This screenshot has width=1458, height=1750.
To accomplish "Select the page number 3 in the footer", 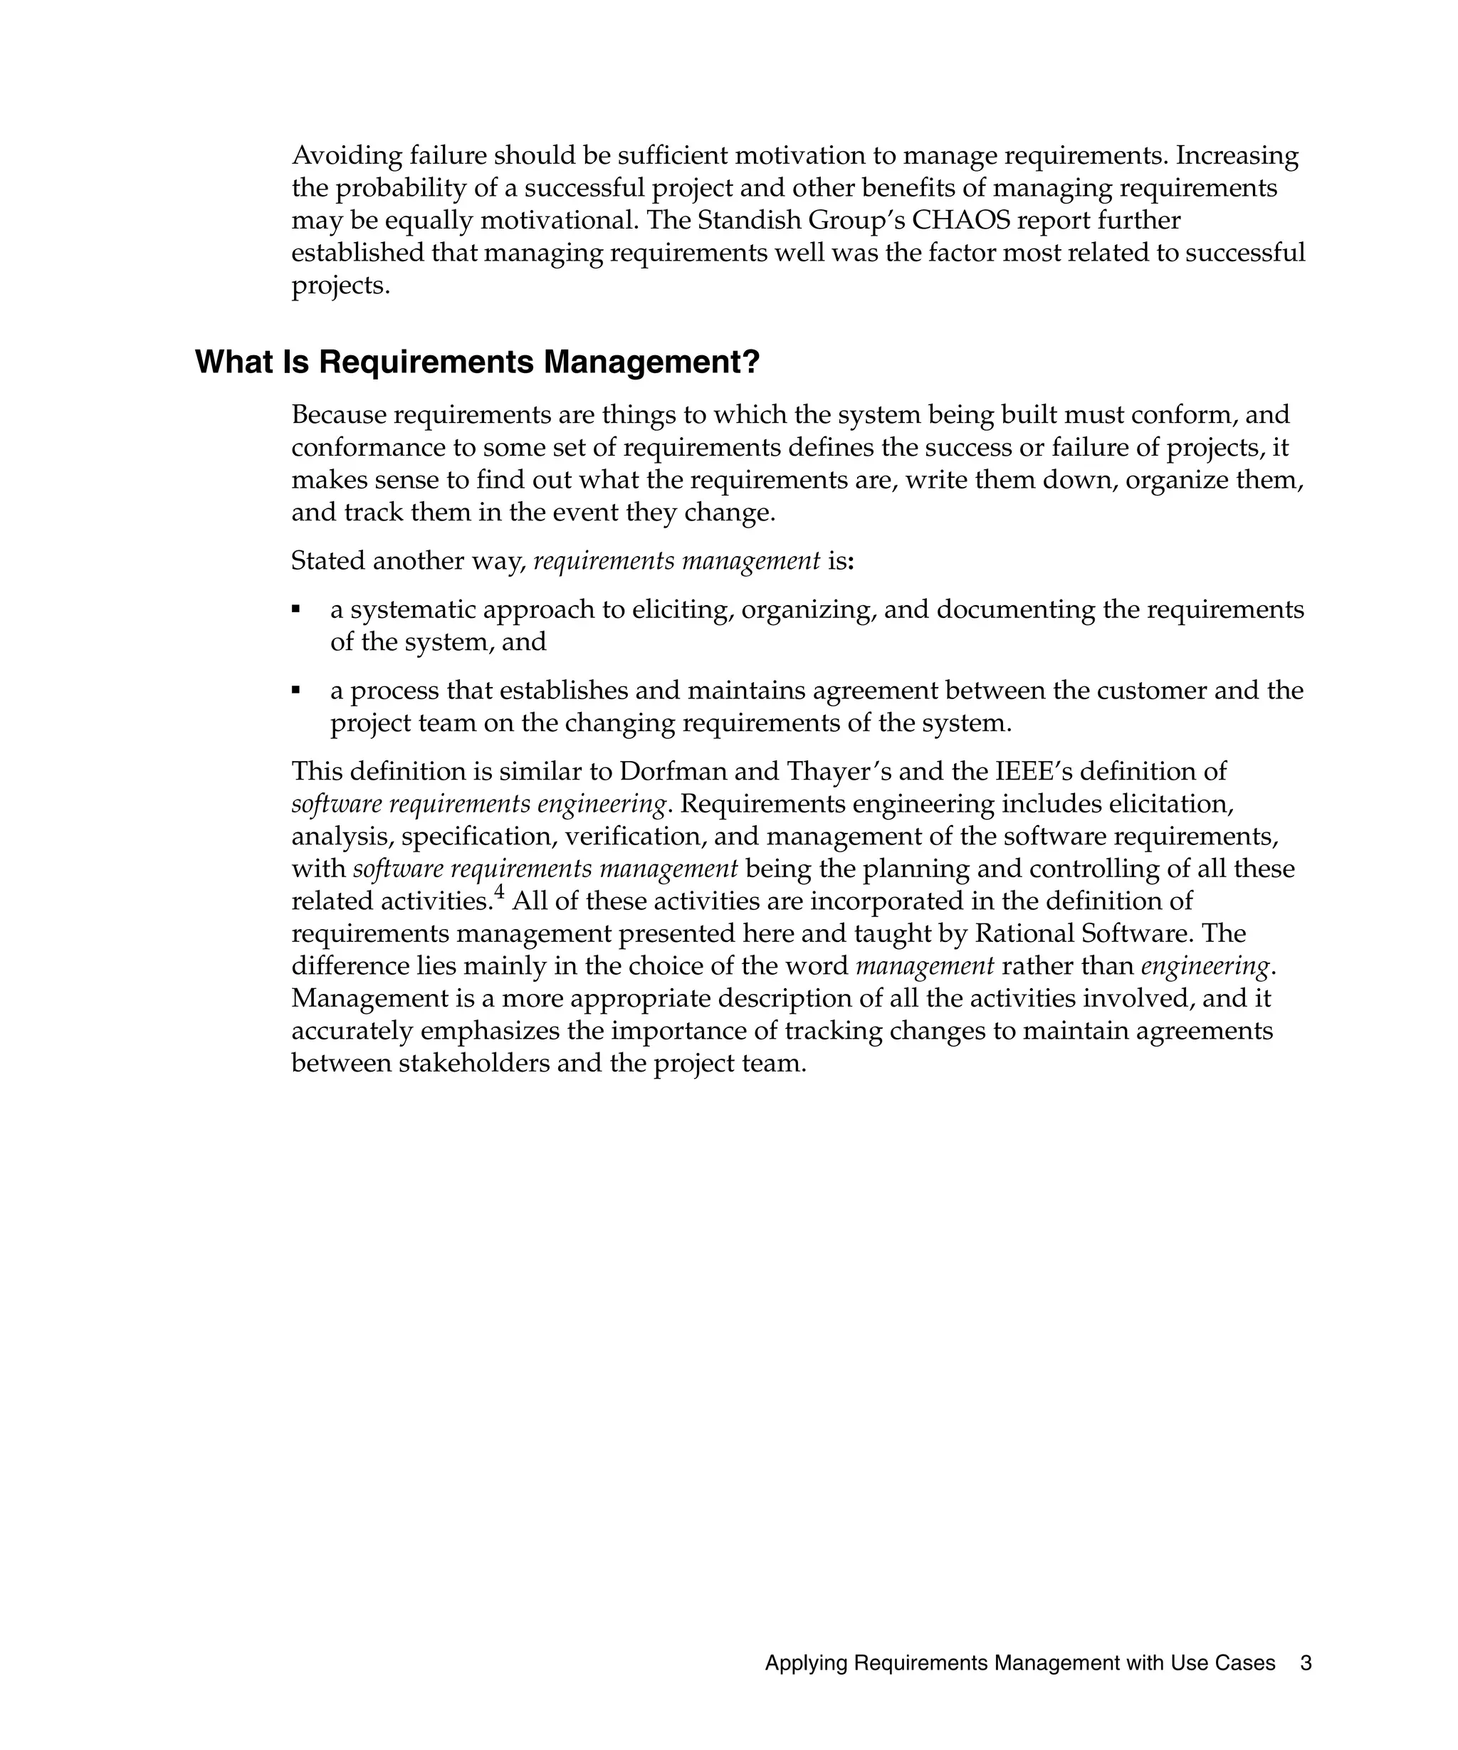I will pos(1306,1663).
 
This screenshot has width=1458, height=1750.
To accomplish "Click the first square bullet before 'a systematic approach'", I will pos(295,609).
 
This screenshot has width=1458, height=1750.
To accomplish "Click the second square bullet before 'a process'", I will pos(295,690).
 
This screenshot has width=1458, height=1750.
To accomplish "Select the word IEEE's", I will pos(1037,772).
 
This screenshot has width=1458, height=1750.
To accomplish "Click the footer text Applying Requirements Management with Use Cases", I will pos(1019,1663).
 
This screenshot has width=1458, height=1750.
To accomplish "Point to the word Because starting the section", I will pos(337,415).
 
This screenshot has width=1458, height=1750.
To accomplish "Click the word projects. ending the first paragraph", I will pos(341,285).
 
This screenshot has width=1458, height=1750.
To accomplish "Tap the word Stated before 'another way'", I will pos(327,561).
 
